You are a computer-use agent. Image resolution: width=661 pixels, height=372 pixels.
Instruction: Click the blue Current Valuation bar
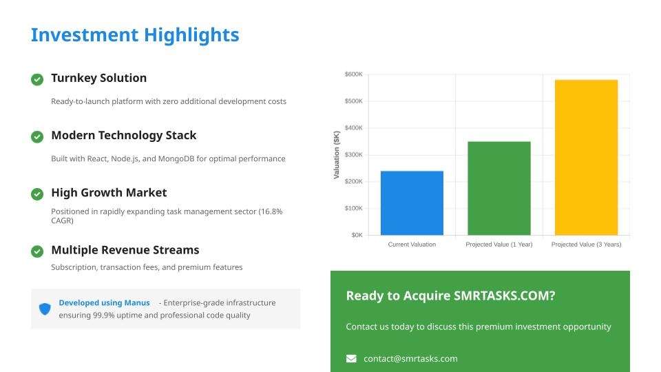pos(412,203)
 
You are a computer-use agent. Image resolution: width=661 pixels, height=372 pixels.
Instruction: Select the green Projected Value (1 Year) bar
pos(499,188)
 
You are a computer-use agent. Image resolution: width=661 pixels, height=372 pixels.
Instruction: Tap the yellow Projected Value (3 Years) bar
pos(587,157)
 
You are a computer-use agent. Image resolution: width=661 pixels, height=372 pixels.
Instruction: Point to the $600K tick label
pos(353,74)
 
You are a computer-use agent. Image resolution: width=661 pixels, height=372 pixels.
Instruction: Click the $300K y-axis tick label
pos(353,155)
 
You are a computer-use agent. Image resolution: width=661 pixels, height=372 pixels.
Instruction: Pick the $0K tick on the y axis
pos(357,235)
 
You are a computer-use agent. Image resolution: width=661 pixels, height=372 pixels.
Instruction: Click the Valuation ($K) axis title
pos(337,155)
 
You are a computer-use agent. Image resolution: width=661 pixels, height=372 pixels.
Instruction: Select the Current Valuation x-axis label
pos(412,244)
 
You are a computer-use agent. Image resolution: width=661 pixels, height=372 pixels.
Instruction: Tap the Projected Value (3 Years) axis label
pos(587,244)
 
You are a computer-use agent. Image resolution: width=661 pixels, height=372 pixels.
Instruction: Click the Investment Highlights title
pos(135,35)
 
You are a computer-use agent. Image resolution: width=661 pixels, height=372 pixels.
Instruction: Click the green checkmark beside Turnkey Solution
pos(37,79)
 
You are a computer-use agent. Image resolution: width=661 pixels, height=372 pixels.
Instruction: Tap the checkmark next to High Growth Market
pos(37,194)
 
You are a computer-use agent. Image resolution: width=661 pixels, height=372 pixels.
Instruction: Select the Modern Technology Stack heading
pos(123,136)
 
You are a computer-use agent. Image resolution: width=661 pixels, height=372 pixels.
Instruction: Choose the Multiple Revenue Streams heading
pos(125,250)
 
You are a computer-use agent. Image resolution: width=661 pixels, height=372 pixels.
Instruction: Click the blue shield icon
pos(45,309)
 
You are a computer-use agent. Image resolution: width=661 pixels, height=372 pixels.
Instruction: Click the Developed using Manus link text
pos(104,303)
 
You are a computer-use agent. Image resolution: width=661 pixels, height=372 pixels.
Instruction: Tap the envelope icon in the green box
pos(351,358)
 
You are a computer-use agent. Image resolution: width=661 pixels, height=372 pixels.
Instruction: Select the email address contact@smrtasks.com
pos(410,358)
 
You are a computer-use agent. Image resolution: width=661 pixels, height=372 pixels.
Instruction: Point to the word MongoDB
pos(176,158)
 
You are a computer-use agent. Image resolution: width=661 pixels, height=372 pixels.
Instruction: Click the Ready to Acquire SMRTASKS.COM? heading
pos(450,296)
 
